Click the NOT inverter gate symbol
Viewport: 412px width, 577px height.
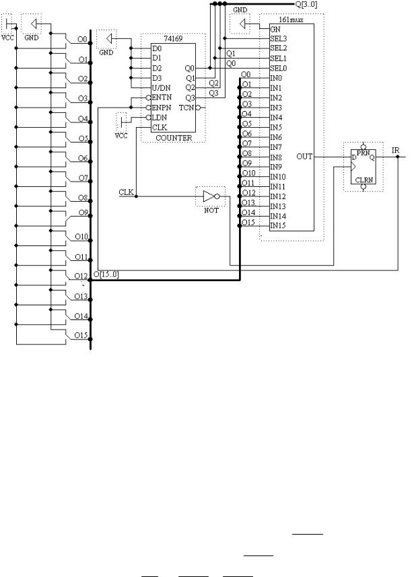click(211, 196)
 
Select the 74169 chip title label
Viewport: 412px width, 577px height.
click(173, 38)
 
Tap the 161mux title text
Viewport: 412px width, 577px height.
click(291, 20)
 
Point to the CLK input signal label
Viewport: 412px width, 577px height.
click(126, 192)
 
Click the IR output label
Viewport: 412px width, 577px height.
click(395, 150)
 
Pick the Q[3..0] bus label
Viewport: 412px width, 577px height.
click(306, 5)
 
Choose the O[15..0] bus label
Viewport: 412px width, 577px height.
click(106, 274)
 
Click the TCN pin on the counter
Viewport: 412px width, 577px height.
click(186, 108)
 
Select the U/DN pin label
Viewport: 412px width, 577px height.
click(161, 88)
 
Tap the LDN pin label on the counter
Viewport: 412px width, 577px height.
click(159, 118)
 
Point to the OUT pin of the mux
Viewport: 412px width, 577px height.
click(304, 157)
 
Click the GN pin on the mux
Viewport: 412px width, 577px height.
click(275, 29)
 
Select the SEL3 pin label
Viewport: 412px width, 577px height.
click(279, 38)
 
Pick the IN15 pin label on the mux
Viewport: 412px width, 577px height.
click(278, 225)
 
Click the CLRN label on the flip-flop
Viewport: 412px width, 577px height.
click(364, 180)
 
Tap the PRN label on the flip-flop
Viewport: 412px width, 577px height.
click(363, 153)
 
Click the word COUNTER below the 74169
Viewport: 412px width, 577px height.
click(174, 138)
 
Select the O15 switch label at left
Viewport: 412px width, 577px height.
click(81, 335)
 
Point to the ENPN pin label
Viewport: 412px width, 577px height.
click(162, 108)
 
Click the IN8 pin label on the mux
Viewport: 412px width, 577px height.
click(276, 157)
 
